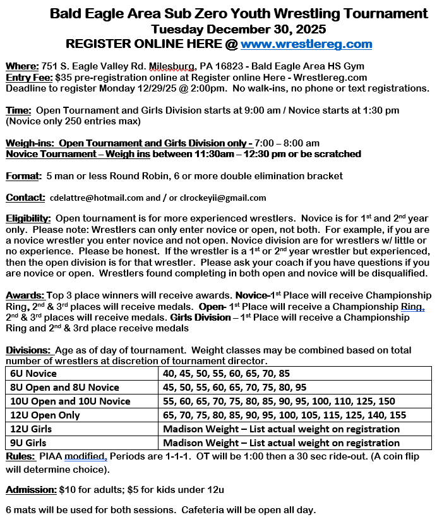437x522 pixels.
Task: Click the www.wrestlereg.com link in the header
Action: [x=306, y=44]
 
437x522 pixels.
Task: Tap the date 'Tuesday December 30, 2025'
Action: [x=239, y=29]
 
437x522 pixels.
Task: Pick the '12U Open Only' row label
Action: [x=44, y=415]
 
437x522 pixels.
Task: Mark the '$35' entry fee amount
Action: [x=64, y=77]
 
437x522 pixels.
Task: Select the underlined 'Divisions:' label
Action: [x=28, y=350]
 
